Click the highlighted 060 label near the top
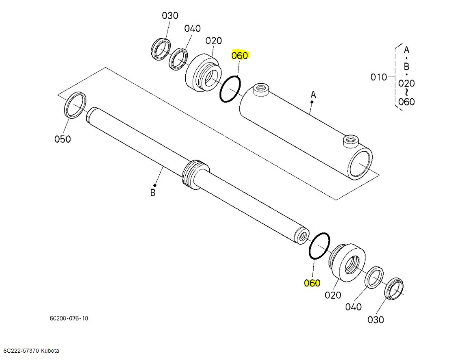(240, 55)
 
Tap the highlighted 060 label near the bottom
(312, 283)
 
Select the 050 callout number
(63, 139)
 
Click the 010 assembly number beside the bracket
(379, 77)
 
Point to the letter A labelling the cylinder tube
(313, 95)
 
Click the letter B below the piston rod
(152, 193)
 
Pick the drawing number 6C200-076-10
(69, 318)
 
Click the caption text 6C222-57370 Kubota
(31, 351)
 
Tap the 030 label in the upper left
(170, 15)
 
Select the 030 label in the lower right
(375, 319)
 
